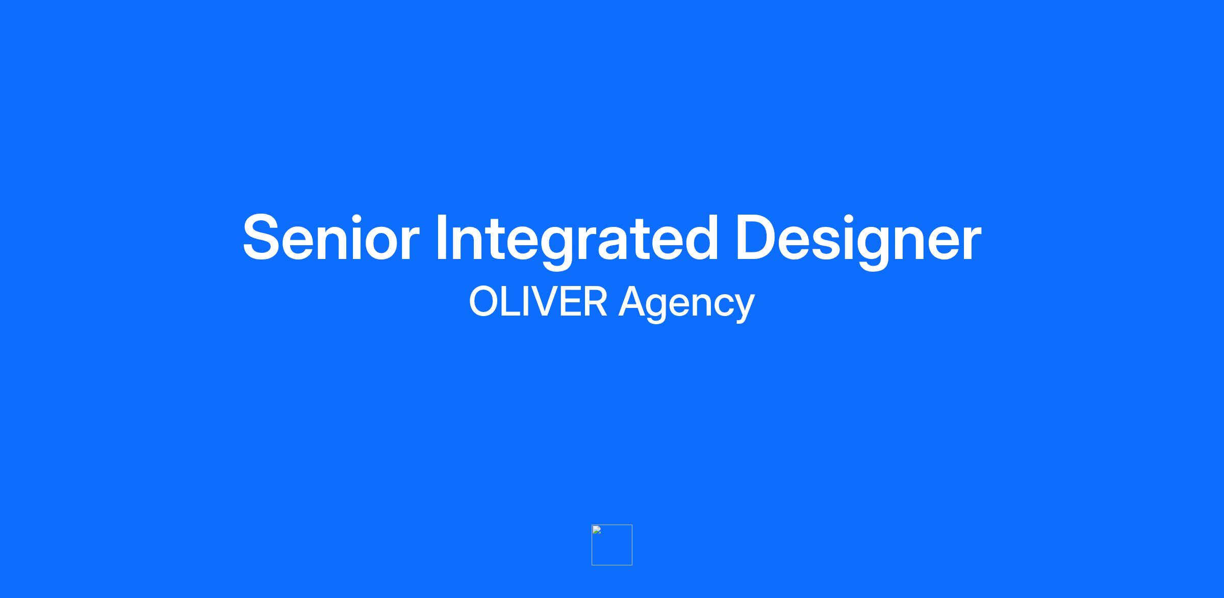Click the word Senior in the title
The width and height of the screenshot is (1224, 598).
click(330, 238)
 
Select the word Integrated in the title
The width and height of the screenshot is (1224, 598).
click(576, 240)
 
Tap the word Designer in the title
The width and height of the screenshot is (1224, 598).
click(858, 240)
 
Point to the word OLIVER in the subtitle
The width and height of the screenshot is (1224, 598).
click(538, 301)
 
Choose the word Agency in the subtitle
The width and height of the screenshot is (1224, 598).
click(686, 304)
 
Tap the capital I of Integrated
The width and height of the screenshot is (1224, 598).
click(441, 238)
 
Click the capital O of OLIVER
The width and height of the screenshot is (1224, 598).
click(485, 301)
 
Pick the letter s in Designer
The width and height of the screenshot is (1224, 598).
click(822, 244)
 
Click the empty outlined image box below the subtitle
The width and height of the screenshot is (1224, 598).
click(612, 525)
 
